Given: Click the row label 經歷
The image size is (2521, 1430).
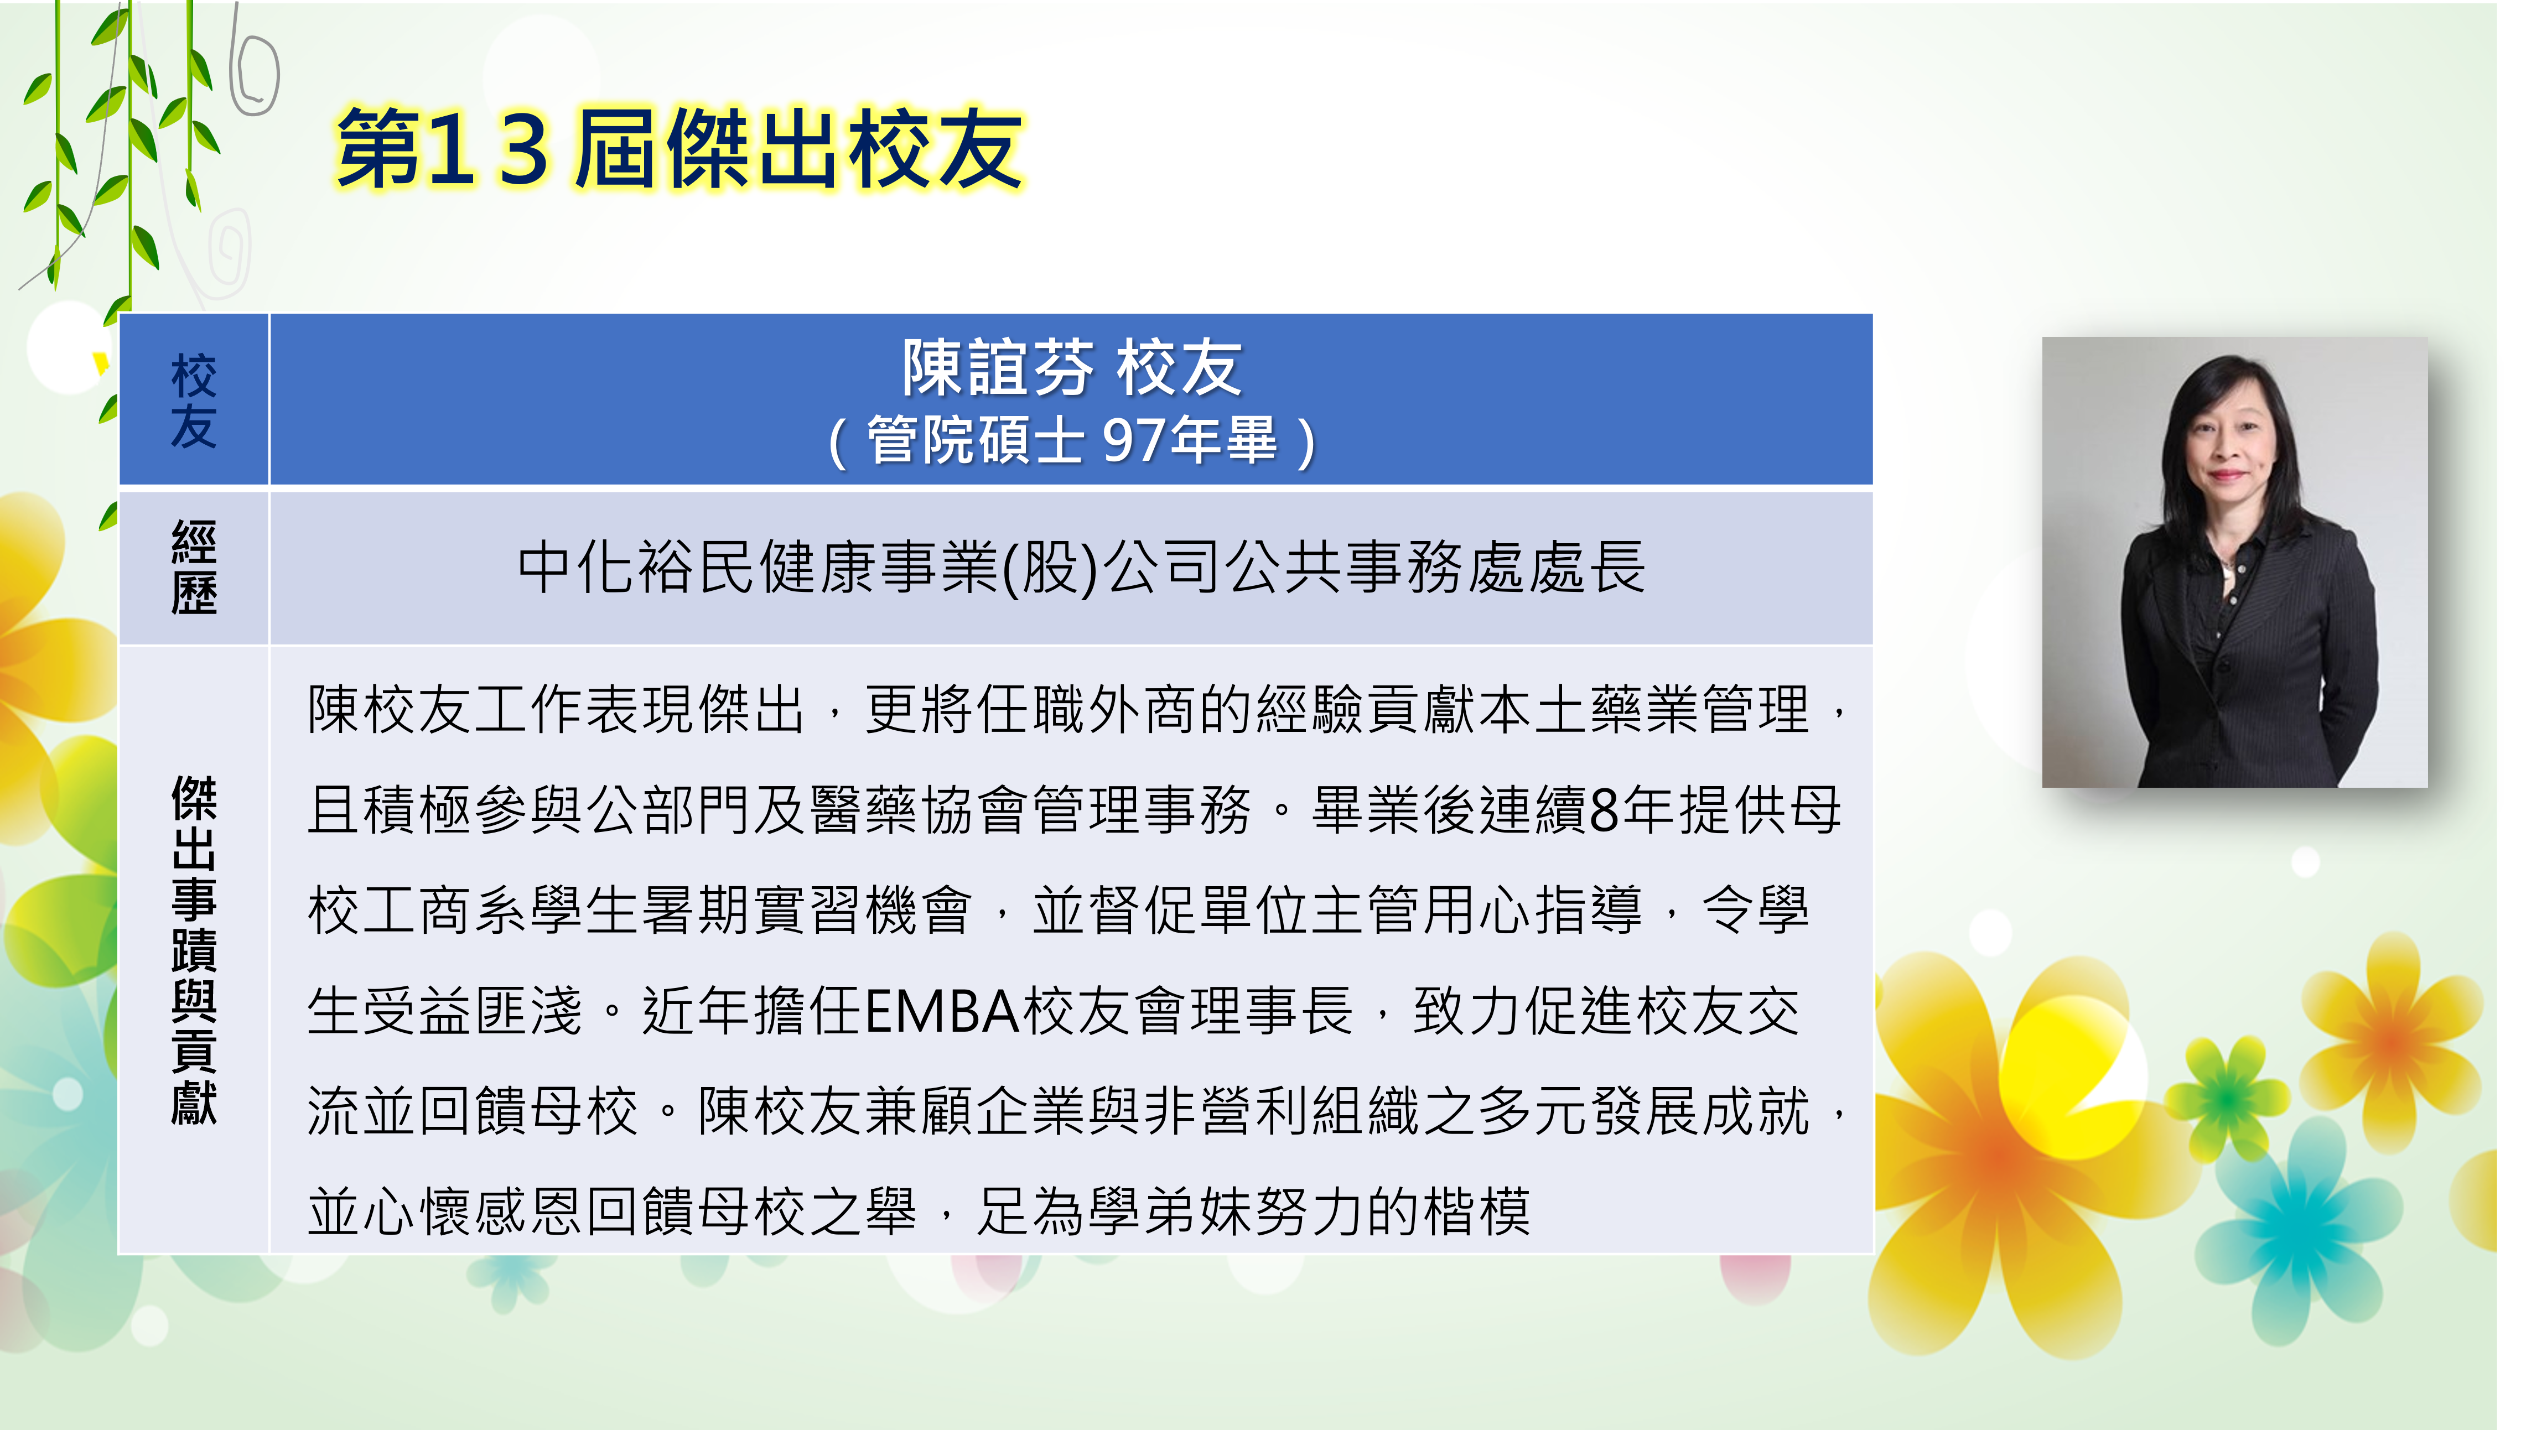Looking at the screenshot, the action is click(194, 568).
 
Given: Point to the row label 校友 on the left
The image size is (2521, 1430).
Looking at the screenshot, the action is click(194, 401).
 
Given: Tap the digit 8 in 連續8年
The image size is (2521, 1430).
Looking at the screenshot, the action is click(1603, 810).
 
